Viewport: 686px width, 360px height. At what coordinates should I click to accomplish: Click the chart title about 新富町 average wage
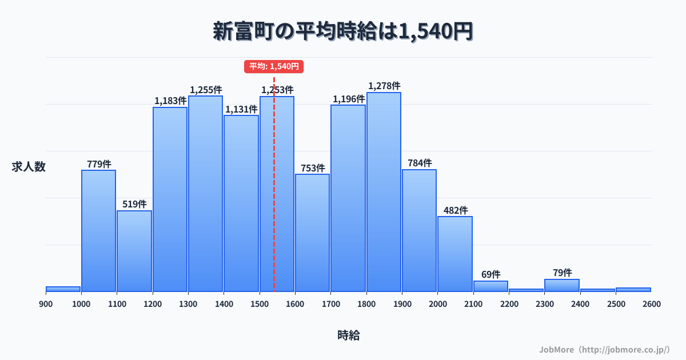(x=343, y=31)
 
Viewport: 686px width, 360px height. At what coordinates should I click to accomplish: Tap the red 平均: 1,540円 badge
(x=274, y=66)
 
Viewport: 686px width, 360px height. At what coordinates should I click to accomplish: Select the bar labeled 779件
(x=98, y=231)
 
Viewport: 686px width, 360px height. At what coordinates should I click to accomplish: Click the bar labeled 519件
(x=134, y=251)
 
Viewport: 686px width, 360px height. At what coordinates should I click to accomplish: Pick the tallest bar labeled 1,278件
(x=384, y=192)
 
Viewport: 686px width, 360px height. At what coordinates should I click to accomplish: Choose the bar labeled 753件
(x=312, y=233)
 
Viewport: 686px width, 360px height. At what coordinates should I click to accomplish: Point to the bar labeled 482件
(x=455, y=254)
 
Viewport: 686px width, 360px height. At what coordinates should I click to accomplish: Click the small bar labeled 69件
(x=490, y=286)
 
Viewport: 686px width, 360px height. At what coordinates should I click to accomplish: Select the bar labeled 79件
(x=562, y=286)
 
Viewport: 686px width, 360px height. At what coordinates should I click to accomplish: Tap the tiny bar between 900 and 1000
(x=63, y=289)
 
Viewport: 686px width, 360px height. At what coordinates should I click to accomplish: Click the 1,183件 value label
(x=170, y=101)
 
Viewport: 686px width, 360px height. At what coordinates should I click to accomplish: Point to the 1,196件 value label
(x=349, y=99)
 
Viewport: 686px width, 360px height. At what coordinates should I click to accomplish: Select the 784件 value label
(x=420, y=163)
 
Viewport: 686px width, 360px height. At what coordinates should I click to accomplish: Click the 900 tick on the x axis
(x=46, y=304)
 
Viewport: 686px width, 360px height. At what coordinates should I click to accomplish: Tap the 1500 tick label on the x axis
(x=260, y=304)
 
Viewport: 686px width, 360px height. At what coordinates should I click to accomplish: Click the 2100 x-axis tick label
(x=473, y=304)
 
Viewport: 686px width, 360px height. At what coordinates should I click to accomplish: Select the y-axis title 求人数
(x=29, y=167)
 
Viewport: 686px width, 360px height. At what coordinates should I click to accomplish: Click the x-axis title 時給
(x=349, y=335)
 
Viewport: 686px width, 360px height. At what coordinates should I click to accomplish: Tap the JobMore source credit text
(x=604, y=349)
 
